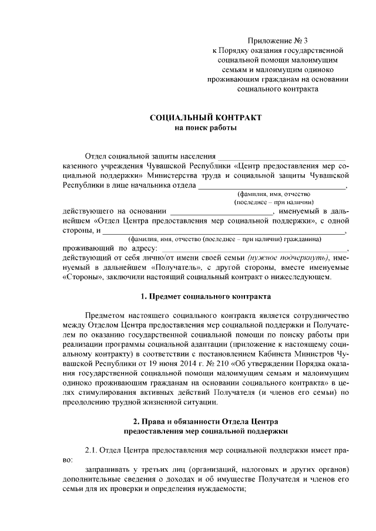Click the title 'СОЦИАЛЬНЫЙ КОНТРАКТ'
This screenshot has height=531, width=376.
(206, 118)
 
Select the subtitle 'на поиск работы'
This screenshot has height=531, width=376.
(206, 128)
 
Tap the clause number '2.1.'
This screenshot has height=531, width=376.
(94, 451)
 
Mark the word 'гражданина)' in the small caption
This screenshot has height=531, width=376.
(303, 239)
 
